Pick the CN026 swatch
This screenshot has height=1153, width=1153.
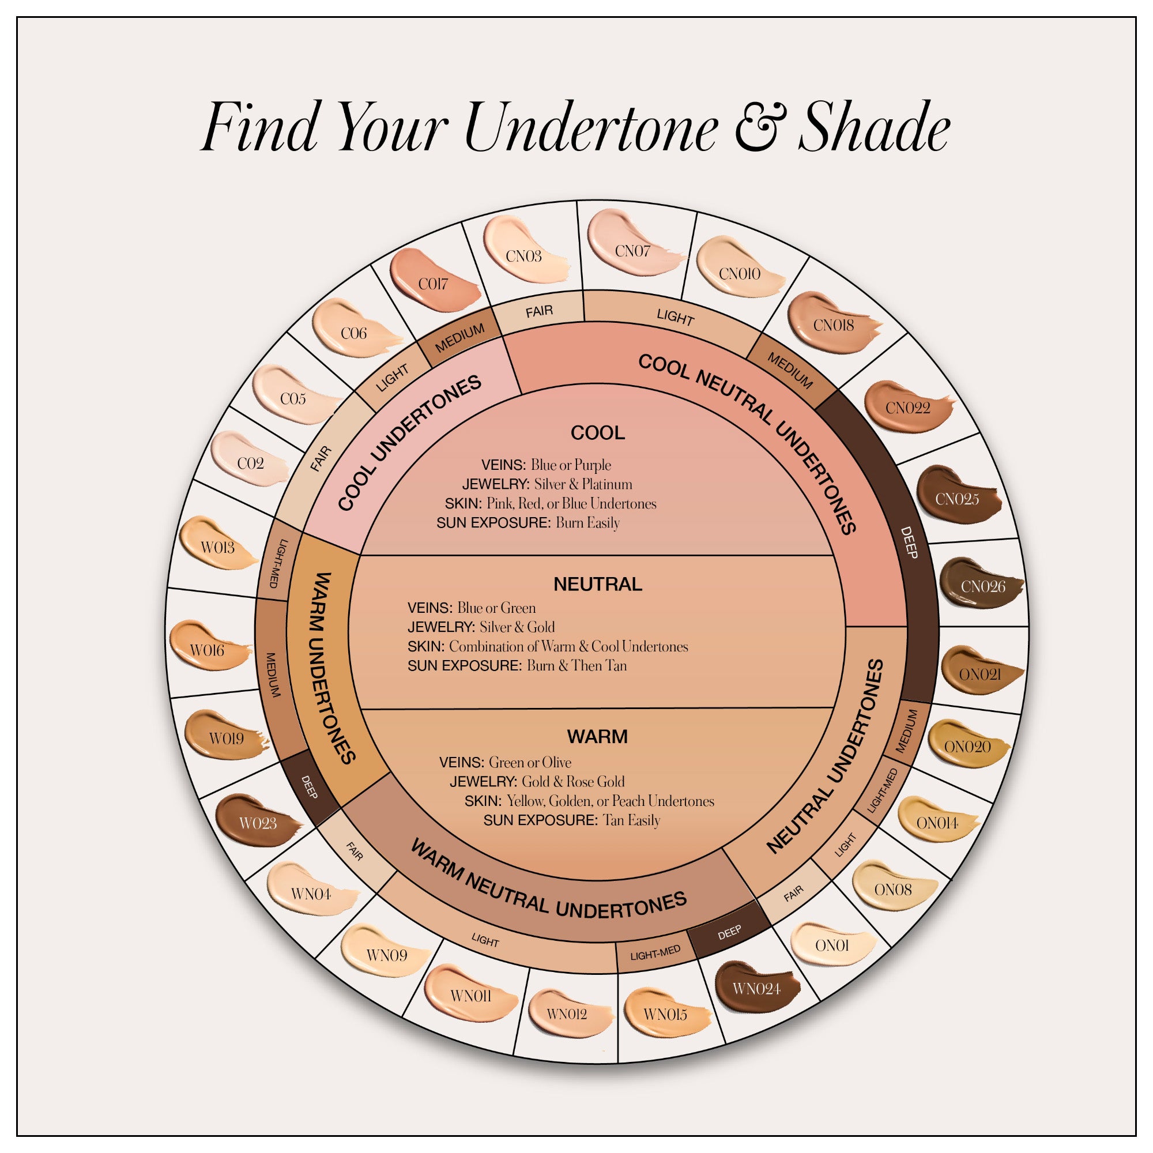tap(982, 586)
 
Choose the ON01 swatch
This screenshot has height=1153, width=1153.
tap(831, 945)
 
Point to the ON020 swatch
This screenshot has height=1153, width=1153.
tap(967, 746)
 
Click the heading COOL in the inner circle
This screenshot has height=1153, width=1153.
tap(597, 433)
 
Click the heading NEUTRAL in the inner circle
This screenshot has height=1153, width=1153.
tap(597, 583)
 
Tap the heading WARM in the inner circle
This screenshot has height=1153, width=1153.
tap(597, 736)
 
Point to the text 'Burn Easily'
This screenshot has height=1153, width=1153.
tap(588, 523)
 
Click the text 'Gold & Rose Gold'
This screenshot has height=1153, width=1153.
tap(573, 781)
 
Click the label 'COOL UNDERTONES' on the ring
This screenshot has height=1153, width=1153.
tap(409, 443)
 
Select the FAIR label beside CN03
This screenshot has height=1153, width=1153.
tap(539, 311)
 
